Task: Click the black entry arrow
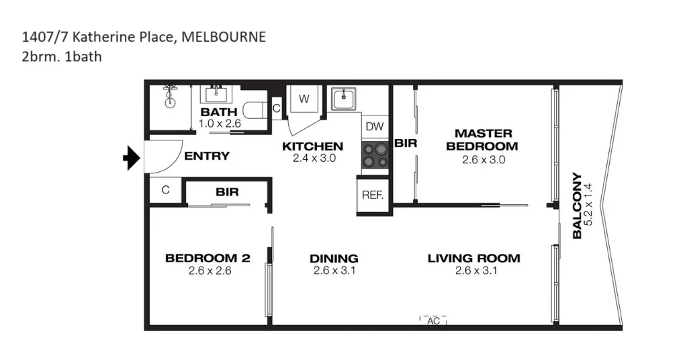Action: pos(131,159)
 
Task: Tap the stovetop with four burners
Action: pos(375,156)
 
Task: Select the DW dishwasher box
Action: pos(375,126)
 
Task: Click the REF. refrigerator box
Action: pos(372,195)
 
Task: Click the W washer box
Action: pos(304,99)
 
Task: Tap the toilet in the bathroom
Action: pos(255,109)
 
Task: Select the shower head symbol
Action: pos(171,95)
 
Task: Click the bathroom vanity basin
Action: pos(216,93)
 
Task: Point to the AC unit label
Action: pos(433,321)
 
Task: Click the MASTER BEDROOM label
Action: pos(483,140)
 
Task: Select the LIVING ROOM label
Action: pos(473,258)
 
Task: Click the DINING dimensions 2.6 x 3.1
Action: pos(334,271)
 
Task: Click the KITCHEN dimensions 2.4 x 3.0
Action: pos(314,159)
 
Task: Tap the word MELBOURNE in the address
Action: pos(224,36)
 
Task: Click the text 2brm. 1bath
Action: pos(62,56)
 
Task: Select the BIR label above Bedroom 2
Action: pos(227,192)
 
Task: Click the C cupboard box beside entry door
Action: pos(165,190)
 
